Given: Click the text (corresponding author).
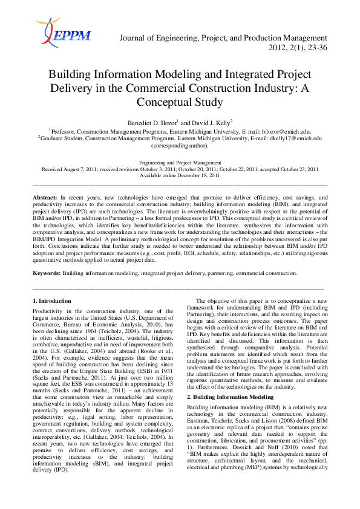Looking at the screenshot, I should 180,145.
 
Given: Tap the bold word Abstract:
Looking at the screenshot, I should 44,198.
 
